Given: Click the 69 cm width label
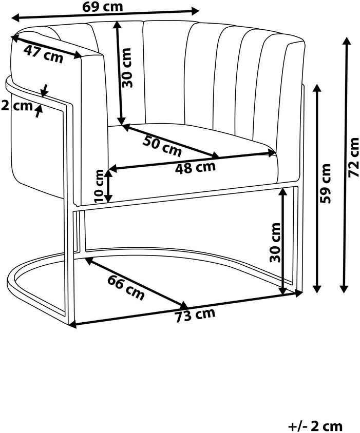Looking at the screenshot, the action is (102, 6).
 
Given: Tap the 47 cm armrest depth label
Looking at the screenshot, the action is (44, 54).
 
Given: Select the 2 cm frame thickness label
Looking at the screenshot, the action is (16, 106).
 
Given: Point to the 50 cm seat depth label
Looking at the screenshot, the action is (162, 146).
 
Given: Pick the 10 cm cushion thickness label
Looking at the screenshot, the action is (99, 186).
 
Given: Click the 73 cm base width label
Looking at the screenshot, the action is (195, 314).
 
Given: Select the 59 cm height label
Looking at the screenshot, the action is (325, 183).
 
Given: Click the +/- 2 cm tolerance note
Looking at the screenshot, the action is (315, 426).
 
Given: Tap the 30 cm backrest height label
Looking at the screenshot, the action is (126, 68).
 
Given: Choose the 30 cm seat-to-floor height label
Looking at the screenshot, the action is (275, 243).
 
